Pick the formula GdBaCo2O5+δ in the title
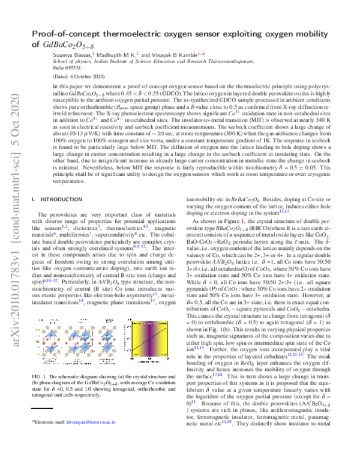(74, 44)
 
